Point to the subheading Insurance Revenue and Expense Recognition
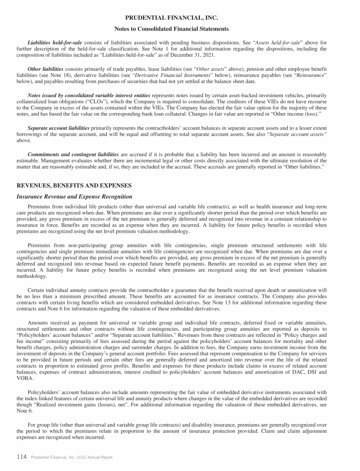pos(75,197)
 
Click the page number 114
pos(21,457)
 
